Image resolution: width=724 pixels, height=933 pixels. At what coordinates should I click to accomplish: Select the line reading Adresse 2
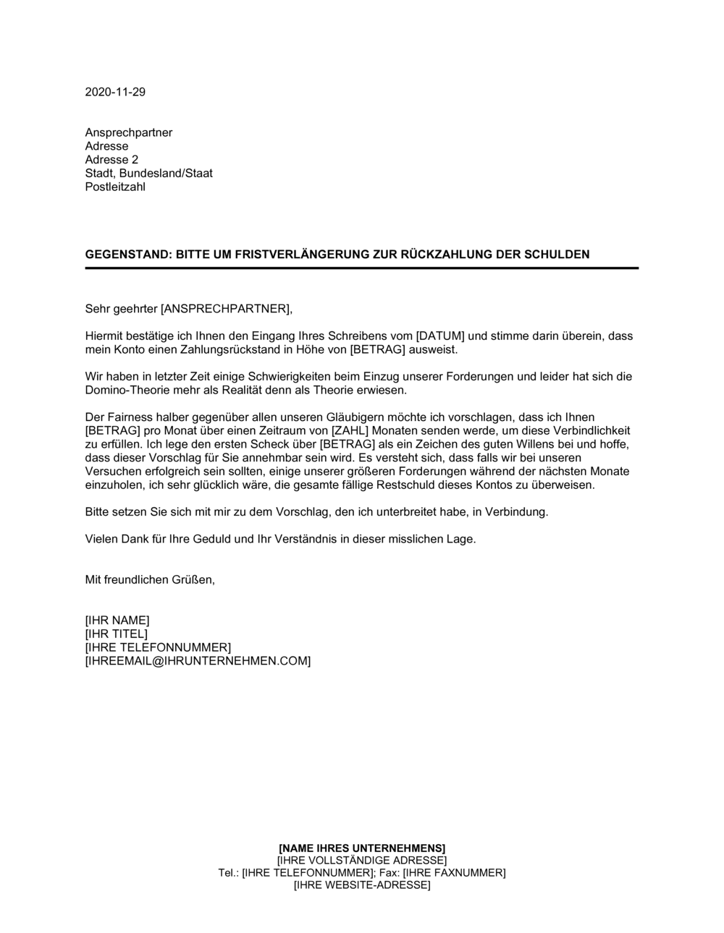111,160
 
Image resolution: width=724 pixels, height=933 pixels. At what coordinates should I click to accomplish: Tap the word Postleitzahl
115,187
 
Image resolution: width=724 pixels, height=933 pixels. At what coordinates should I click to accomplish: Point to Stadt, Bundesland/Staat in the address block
148,174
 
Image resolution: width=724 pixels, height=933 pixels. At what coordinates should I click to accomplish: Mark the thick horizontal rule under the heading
361,268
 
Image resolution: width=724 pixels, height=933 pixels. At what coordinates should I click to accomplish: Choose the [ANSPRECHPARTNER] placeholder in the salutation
225,310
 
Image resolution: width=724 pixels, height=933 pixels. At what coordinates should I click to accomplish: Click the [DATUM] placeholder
441,336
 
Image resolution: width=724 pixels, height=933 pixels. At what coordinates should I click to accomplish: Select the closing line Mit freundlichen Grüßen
150,580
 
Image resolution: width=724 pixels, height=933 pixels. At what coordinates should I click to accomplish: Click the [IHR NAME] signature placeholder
117,621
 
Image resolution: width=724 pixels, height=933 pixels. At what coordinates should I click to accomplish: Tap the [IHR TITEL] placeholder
116,634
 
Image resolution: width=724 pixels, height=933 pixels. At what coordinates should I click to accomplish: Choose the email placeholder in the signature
198,661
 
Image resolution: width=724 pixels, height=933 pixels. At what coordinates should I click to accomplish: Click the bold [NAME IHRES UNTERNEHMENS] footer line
362,848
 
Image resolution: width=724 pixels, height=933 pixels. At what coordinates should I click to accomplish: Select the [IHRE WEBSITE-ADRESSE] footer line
362,885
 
